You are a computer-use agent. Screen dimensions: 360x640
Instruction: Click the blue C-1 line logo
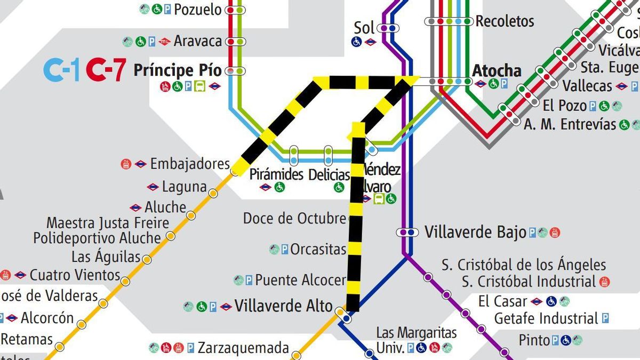(x=61, y=70)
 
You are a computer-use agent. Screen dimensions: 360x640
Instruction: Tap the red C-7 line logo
(x=106, y=70)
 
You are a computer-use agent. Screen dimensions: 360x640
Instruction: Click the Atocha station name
(x=497, y=70)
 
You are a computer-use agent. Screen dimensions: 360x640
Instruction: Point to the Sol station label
(x=364, y=28)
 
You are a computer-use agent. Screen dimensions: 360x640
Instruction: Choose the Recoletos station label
(x=505, y=21)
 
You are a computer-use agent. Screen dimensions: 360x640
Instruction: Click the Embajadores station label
(x=189, y=164)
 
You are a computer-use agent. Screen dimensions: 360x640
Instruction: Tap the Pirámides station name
(x=276, y=174)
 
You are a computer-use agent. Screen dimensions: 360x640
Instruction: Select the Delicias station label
(x=329, y=174)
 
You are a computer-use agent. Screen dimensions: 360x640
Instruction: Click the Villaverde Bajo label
(x=475, y=232)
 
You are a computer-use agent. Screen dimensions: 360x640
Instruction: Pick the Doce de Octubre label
(x=294, y=218)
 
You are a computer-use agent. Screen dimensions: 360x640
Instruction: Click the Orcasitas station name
(x=318, y=249)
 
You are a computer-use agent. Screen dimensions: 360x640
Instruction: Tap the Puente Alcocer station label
(x=300, y=279)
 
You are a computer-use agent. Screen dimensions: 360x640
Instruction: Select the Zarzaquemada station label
(x=243, y=348)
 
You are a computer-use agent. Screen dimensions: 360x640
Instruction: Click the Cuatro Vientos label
(x=75, y=275)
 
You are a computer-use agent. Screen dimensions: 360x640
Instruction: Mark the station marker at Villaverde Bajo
(x=407, y=232)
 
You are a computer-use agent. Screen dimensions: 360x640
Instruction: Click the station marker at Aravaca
(x=235, y=41)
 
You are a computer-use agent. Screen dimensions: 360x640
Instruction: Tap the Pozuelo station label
(x=197, y=9)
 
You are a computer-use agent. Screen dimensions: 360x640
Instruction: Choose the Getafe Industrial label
(x=546, y=318)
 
